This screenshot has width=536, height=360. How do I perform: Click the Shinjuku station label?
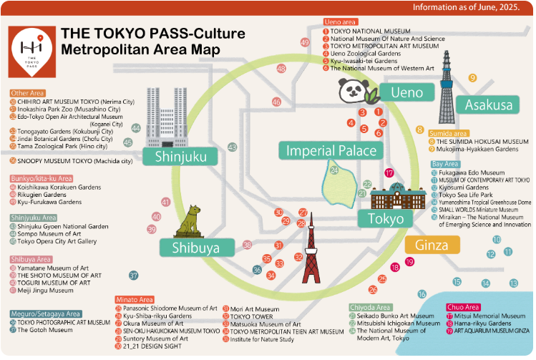click(x=175, y=157)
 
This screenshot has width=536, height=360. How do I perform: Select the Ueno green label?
click(x=406, y=92)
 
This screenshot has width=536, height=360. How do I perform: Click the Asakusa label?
click(x=489, y=104)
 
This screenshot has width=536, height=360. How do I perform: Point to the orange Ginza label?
click(x=432, y=245)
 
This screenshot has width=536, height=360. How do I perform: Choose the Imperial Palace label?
click(x=331, y=150)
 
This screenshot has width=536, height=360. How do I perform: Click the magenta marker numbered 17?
click(x=389, y=173)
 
